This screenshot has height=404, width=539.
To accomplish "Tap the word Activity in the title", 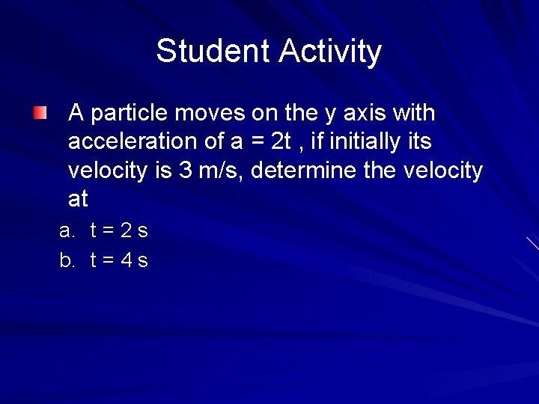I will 330,52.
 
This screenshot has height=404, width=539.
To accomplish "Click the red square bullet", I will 40,114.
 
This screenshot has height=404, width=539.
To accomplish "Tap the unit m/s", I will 223,171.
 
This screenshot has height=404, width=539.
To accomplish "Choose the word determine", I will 304,171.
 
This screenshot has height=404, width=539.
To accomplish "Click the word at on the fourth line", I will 78,199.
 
